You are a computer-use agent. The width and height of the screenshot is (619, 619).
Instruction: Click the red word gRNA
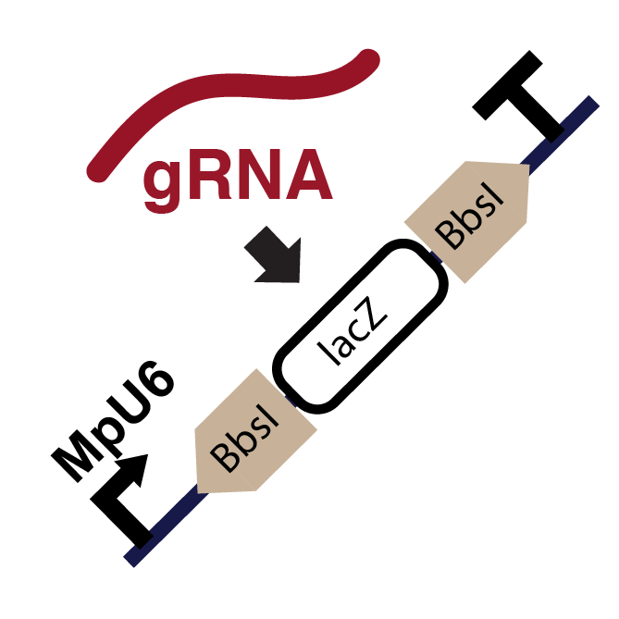click(x=237, y=178)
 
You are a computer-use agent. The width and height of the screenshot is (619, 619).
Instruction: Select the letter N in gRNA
click(x=263, y=178)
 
